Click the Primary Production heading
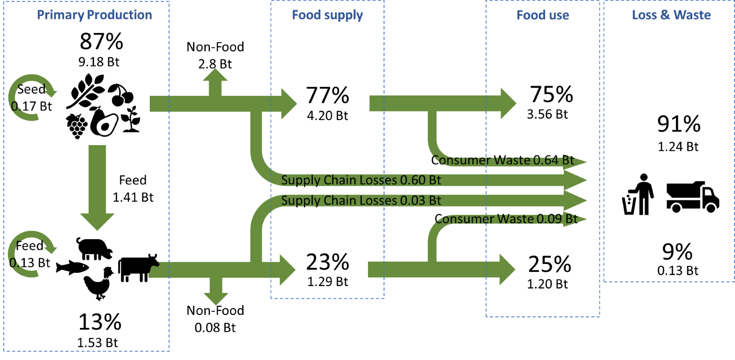[x=94, y=15]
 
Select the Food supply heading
[x=327, y=15]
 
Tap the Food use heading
[x=543, y=15]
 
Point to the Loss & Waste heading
[x=671, y=15]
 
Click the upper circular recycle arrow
[x=31, y=97]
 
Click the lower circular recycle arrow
[x=31, y=254]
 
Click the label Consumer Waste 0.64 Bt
[x=503, y=160]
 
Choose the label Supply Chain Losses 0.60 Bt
[x=361, y=180]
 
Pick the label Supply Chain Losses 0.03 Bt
[x=361, y=200]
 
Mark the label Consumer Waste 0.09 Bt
[x=505, y=219]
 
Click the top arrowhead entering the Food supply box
[x=288, y=104]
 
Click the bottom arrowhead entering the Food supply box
[x=287, y=270]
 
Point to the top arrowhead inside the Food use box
[x=508, y=104]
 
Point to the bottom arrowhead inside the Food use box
[x=507, y=270]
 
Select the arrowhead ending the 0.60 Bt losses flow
[x=577, y=180]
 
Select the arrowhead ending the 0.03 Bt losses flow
[x=577, y=201]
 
